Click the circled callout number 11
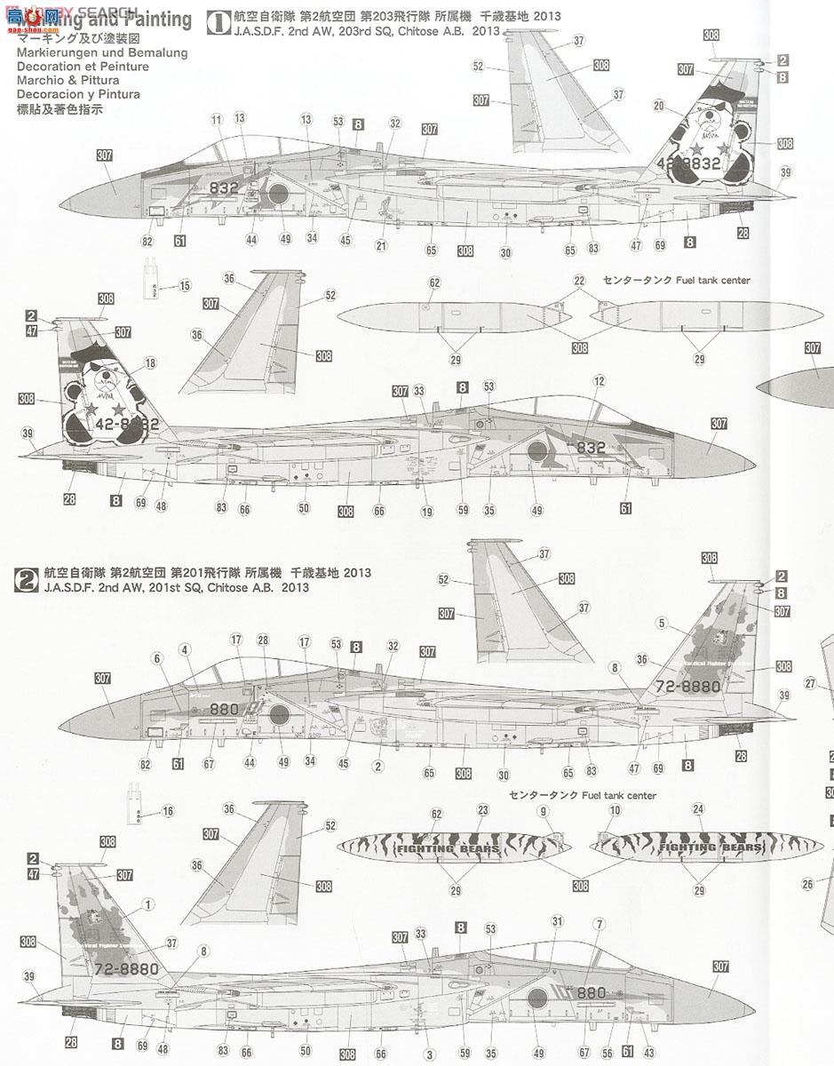tap(217, 119)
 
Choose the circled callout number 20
tap(658, 106)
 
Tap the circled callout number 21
tap(381, 246)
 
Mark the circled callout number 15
tap(185, 285)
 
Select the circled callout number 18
tap(149, 362)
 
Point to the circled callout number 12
tap(600, 381)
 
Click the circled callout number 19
tap(427, 512)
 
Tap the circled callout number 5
tap(662, 624)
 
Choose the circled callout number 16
tap(169, 811)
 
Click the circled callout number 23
tap(482, 810)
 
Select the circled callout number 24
tap(697, 809)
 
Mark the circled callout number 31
tap(558, 920)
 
